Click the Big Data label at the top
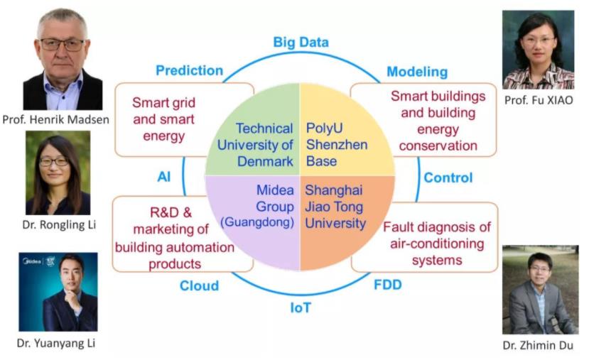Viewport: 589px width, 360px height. (x=301, y=43)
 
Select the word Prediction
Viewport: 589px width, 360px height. (x=189, y=70)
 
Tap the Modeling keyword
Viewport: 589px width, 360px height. (x=417, y=72)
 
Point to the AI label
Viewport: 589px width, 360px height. (x=164, y=176)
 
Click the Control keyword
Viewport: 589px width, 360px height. (x=448, y=178)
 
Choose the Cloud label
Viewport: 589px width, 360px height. (x=199, y=285)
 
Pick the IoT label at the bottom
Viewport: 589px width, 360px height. (x=301, y=308)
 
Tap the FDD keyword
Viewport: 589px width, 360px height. (x=388, y=285)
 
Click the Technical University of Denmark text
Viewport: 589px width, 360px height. (x=255, y=145)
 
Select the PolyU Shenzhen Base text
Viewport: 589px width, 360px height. (x=337, y=145)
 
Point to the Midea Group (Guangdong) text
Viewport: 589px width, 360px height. (x=257, y=206)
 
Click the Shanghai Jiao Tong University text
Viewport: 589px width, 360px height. (x=335, y=207)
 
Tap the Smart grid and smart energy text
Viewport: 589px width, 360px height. (x=164, y=119)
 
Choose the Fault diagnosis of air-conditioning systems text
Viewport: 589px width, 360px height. (x=437, y=244)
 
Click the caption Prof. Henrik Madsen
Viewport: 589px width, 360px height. (x=55, y=119)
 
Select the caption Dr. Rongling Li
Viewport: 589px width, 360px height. (x=59, y=224)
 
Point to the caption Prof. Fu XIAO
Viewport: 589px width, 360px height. (x=539, y=100)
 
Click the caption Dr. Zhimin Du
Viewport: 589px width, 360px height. (x=538, y=345)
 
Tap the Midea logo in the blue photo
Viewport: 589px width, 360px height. (x=33, y=261)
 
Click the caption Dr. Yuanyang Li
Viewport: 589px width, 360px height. (x=56, y=343)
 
